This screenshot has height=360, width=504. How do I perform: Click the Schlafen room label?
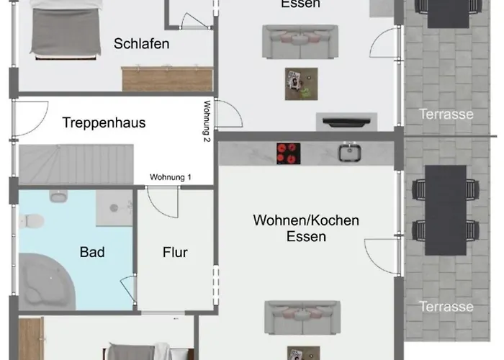click(141, 44)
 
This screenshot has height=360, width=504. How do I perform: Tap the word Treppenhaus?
click(104, 123)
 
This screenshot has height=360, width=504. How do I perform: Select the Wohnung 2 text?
click(207, 121)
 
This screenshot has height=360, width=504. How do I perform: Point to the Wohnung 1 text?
click(171, 177)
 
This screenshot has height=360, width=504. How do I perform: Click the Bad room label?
click(92, 252)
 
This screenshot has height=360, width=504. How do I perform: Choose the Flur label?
click(175, 252)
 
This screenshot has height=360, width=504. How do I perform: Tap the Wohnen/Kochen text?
click(306, 220)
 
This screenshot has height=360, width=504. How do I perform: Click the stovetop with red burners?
click(288, 153)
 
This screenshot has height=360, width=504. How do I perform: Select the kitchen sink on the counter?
click(349, 152)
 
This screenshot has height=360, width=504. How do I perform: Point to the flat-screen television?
click(346, 122)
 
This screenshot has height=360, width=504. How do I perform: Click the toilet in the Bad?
click(32, 221)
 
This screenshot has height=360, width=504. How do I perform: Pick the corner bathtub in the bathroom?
click(47, 282)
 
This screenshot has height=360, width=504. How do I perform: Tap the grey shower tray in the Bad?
click(114, 208)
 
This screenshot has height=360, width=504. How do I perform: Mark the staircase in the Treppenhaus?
click(76, 164)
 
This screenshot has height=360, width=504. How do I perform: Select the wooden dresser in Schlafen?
click(167, 78)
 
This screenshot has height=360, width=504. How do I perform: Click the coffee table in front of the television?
click(301, 84)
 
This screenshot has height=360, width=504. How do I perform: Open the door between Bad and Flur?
click(129, 289)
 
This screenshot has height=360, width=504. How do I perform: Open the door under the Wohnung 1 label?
click(162, 202)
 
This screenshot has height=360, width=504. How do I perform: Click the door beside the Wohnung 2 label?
click(229, 114)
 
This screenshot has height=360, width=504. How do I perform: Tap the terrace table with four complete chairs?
click(446, 210)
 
